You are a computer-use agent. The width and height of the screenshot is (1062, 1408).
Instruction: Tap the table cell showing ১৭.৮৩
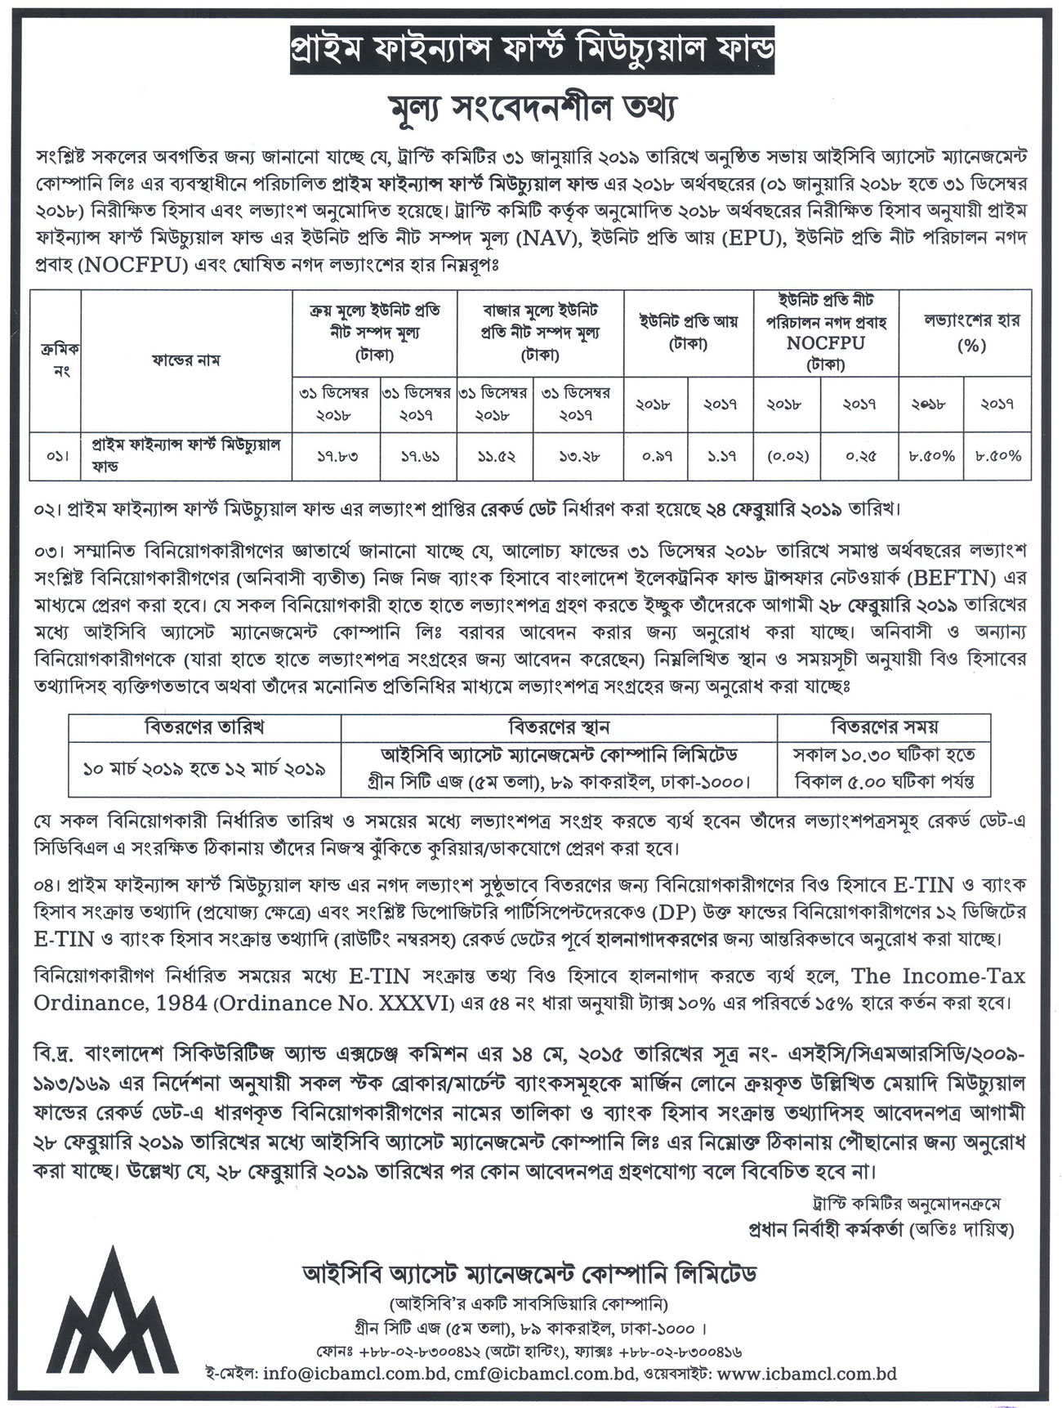pos(336,456)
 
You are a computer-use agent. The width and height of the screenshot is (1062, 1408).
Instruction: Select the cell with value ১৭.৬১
pos(417,456)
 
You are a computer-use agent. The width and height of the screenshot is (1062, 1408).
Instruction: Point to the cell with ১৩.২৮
pos(576,456)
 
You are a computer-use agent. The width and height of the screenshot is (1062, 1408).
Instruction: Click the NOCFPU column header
pos(825,343)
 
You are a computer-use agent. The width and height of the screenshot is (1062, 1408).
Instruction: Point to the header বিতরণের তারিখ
pos(204,725)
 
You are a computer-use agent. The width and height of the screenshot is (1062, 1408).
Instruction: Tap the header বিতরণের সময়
pos(885,725)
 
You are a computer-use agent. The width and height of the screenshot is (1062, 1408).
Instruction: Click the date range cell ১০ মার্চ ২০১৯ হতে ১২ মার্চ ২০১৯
pos(205,768)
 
